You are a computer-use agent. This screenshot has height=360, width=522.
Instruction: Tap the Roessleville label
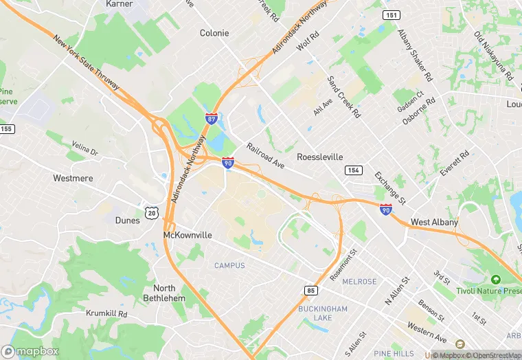tap(319, 157)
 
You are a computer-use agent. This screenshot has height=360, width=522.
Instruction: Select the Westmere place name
tap(73, 178)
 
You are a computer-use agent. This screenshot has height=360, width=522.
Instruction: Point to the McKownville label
tap(188, 235)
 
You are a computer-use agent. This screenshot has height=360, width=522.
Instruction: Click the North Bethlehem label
tap(164, 293)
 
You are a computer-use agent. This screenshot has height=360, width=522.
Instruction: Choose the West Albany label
tap(434, 223)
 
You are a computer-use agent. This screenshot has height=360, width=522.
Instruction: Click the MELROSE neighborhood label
tap(359, 282)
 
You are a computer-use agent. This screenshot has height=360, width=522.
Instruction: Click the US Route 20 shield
tap(152, 213)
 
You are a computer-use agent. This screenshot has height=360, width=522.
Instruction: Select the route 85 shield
tap(311, 291)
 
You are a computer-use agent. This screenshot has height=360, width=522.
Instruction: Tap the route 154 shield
tap(354, 170)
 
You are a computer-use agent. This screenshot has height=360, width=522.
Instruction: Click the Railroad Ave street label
tap(266, 156)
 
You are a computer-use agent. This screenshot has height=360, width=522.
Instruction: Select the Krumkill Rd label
tap(107, 313)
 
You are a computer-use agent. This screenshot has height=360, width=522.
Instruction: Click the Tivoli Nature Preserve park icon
tap(495, 280)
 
